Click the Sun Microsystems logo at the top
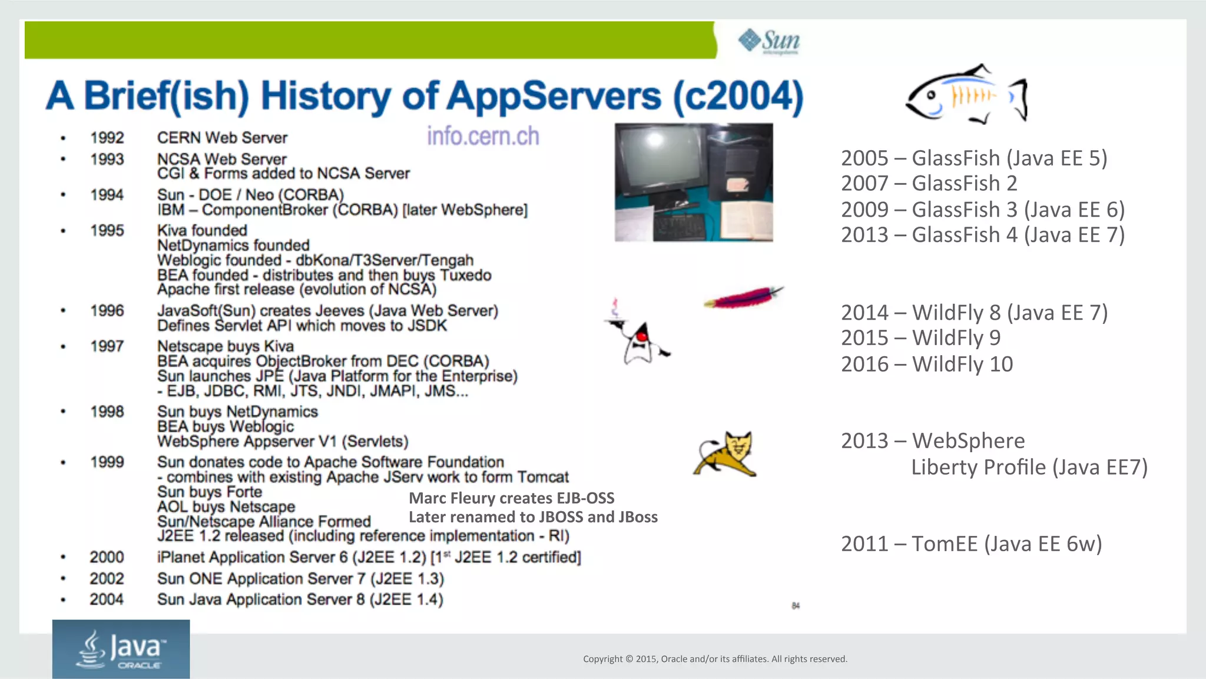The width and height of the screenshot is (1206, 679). click(x=768, y=41)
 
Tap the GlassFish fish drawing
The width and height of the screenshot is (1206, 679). click(x=966, y=94)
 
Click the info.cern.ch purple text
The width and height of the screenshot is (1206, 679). click(x=483, y=136)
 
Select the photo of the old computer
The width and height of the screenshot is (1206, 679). click(x=694, y=182)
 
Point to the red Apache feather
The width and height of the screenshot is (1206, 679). click(x=743, y=297)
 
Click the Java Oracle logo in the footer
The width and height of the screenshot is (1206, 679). click(x=121, y=649)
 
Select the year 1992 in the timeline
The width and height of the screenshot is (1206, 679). click(x=107, y=138)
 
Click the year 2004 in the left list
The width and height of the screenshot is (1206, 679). click(x=107, y=599)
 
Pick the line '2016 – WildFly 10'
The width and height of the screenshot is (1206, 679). click(x=926, y=364)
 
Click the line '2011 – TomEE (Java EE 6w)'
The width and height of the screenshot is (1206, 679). click(x=971, y=544)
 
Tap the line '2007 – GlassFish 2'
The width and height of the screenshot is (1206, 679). click(x=929, y=183)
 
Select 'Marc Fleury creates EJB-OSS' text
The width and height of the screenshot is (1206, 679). click(x=511, y=498)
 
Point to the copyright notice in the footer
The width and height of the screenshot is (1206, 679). click(x=715, y=659)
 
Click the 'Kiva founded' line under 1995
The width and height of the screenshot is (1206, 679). click(x=202, y=230)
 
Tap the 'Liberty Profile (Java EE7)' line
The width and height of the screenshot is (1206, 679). click(x=1029, y=467)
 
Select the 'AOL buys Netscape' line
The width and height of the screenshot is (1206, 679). click(x=226, y=506)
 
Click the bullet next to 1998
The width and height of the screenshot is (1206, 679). click(x=63, y=412)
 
